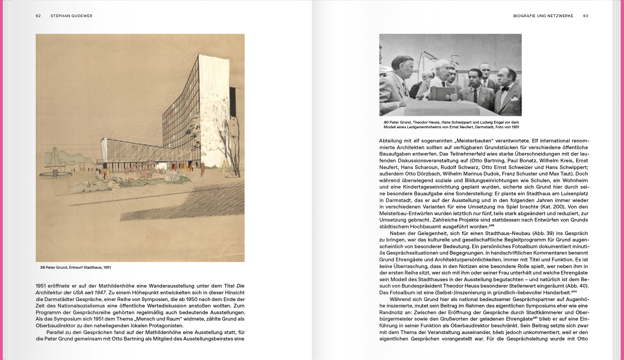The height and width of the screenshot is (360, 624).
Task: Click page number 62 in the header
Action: (38, 16)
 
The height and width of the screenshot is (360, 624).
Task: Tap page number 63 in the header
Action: (586, 16)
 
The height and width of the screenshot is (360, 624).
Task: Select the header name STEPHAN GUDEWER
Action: (71, 16)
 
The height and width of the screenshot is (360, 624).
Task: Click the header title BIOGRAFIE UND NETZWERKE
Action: (543, 16)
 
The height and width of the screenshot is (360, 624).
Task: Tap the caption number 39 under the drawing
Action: (42, 267)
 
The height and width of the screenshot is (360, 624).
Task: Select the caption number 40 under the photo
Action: (386, 123)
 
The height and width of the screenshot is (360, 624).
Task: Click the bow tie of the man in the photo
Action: (505, 89)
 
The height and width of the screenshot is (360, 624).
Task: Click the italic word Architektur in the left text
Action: (49, 293)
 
